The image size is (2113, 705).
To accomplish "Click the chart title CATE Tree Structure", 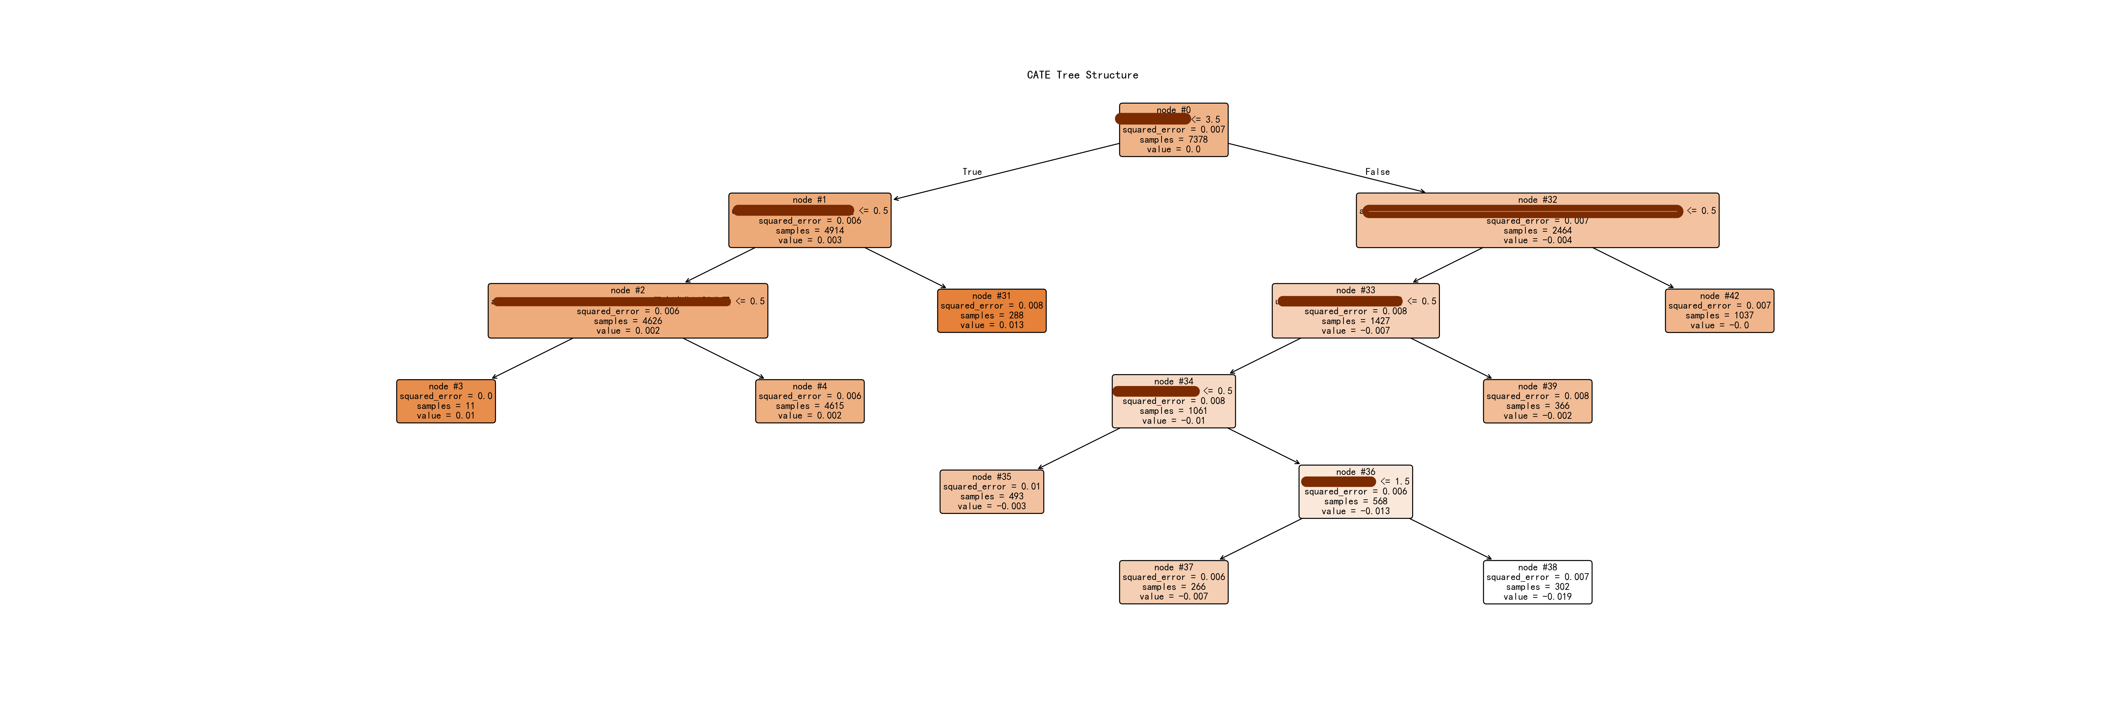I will click(1082, 75).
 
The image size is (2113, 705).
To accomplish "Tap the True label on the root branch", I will click(972, 172).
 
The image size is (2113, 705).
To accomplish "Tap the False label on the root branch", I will click(1377, 172).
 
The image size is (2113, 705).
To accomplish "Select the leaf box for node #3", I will click(445, 401).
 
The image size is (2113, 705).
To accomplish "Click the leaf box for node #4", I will click(810, 401).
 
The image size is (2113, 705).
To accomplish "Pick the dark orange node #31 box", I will click(992, 311).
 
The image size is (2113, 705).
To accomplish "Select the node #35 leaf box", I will click(992, 492).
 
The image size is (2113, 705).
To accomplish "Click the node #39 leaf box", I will click(1537, 401).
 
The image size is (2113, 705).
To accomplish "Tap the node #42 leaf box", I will click(1719, 311).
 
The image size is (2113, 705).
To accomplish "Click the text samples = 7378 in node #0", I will click(1173, 140).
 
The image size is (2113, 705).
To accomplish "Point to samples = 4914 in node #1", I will click(810, 231).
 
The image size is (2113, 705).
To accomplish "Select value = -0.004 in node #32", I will click(1537, 240).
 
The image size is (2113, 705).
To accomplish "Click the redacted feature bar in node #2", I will click(611, 301).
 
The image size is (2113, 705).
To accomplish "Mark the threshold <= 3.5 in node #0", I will click(1206, 120).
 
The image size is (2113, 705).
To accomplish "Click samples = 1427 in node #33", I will click(1355, 321).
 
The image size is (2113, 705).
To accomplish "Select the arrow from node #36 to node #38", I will click(1450, 539).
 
